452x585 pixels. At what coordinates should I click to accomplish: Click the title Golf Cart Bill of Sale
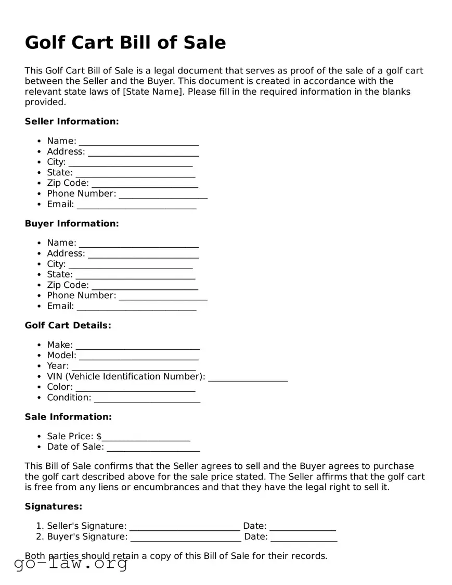tap(125, 43)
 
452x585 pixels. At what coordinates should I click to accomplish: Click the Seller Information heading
tap(72, 121)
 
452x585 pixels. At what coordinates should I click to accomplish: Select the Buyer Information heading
tap(72, 223)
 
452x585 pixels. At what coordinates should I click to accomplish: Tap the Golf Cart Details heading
tap(68, 325)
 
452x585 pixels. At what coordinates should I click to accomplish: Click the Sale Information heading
tap(68, 417)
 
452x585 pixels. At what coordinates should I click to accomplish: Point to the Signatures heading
tap(54, 506)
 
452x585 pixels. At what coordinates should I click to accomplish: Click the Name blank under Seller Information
tap(139, 142)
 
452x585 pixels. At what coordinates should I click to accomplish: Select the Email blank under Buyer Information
tap(136, 307)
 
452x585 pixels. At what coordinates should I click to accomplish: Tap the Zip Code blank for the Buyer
tap(145, 286)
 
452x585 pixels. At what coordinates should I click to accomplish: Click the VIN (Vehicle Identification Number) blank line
tap(248, 377)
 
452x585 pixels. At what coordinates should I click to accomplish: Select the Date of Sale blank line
tap(153, 448)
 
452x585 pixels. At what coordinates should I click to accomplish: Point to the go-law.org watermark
tap(71, 563)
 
